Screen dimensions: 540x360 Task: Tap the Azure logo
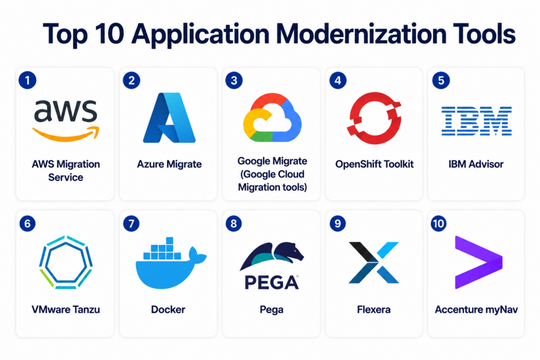click(x=169, y=118)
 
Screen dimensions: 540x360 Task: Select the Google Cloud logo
click(x=272, y=118)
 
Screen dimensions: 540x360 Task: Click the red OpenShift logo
click(x=374, y=118)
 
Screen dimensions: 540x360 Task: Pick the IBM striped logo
click(x=476, y=121)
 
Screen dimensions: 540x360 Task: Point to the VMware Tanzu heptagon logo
click(x=65, y=262)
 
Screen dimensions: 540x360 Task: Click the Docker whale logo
click(x=171, y=263)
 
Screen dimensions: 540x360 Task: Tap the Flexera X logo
click(x=374, y=262)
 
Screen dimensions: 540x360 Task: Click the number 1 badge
click(x=27, y=81)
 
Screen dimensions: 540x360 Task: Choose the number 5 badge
click(x=441, y=81)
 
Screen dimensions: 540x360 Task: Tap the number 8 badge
click(x=234, y=223)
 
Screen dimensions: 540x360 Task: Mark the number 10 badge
click(x=438, y=223)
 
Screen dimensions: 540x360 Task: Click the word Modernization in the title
click(x=361, y=34)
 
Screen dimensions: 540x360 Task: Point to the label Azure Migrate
click(x=169, y=164)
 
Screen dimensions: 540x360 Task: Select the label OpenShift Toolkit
click(x=374, y=164)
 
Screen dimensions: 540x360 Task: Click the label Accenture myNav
click(x=476, y=309)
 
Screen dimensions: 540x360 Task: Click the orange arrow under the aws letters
click(x=66, y=134)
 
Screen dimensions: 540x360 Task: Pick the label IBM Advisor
click(x=476, y=164)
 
